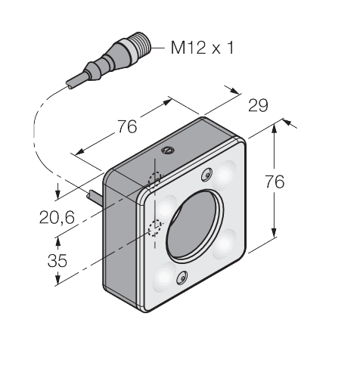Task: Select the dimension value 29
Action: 258,106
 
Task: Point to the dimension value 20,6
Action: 57,218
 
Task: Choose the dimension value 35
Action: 57,261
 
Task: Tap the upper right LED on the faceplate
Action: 226,175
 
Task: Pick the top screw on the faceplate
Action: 206,176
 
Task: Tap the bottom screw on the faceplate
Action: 182,279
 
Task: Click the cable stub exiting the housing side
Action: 95,199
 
